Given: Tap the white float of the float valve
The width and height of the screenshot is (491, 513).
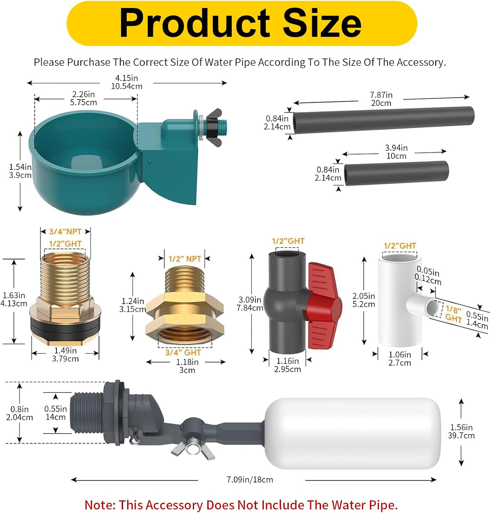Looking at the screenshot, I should [x=352, y=433].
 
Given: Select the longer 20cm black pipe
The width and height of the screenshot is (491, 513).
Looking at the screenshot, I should [x=383, y=120].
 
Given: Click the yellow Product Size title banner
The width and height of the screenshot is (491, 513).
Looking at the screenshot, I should [x=241, y=23].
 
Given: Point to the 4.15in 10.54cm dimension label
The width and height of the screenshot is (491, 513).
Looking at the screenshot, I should [x=127, y=82].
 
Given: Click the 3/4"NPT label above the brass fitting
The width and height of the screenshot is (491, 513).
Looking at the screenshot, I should [x=65, y=232].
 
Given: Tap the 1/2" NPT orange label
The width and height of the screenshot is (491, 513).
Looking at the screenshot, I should [x=185, y=259].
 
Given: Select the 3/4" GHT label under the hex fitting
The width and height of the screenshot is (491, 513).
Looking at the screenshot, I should [x=183, y=353].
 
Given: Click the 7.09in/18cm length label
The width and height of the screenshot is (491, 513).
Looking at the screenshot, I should [x=250, y=480].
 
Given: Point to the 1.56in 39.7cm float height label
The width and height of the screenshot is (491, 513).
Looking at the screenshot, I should [x=461, y=431].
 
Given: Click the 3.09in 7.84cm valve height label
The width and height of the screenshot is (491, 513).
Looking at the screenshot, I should [x=250, y=304].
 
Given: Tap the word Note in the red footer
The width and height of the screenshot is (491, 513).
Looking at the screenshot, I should [x=100, y=505].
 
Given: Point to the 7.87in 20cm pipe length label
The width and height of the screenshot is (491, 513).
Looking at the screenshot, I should [x=381, y=99].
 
